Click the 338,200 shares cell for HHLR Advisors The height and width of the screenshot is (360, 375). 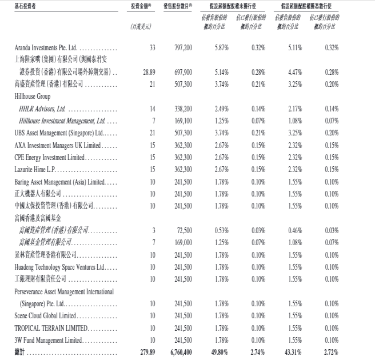(x=180, y=108)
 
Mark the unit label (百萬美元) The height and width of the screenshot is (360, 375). (x=141, y=26)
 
